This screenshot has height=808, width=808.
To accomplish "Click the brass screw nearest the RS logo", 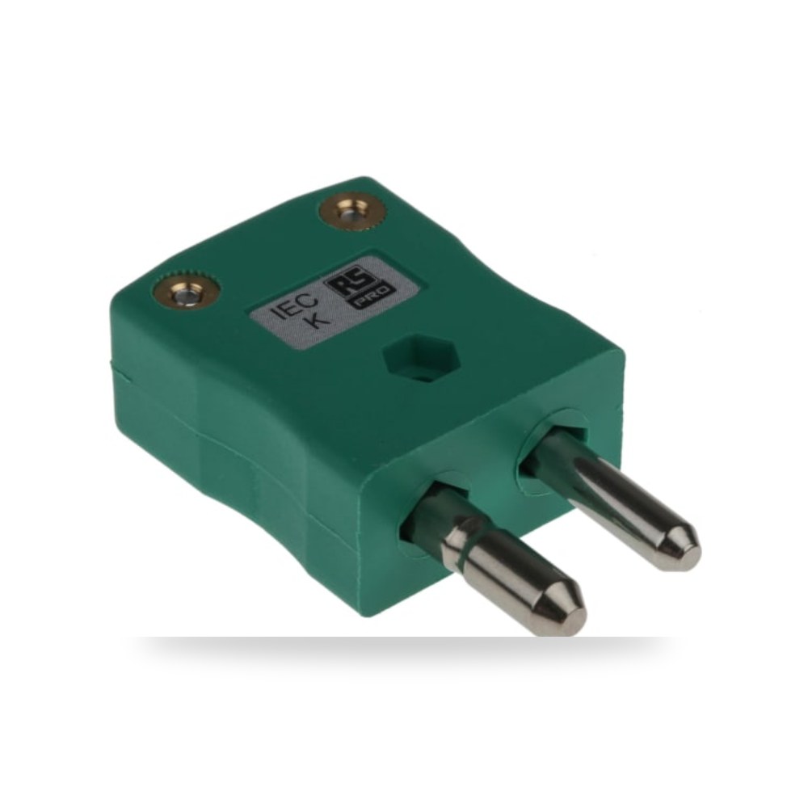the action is (x=352, y=211).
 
